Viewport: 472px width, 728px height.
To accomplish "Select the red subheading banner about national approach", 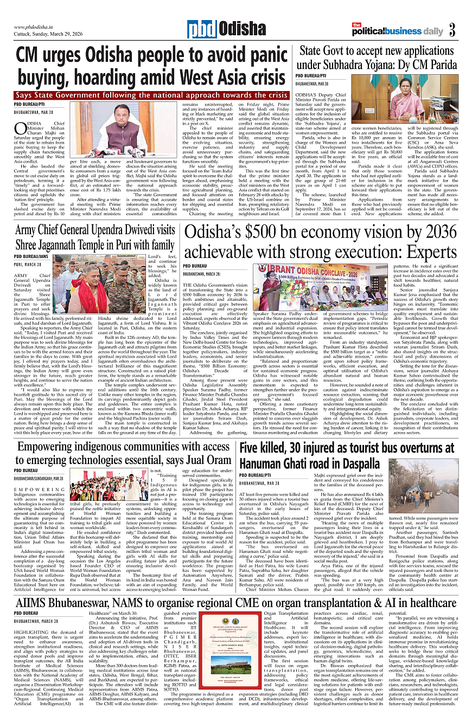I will (x=151, y=95).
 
